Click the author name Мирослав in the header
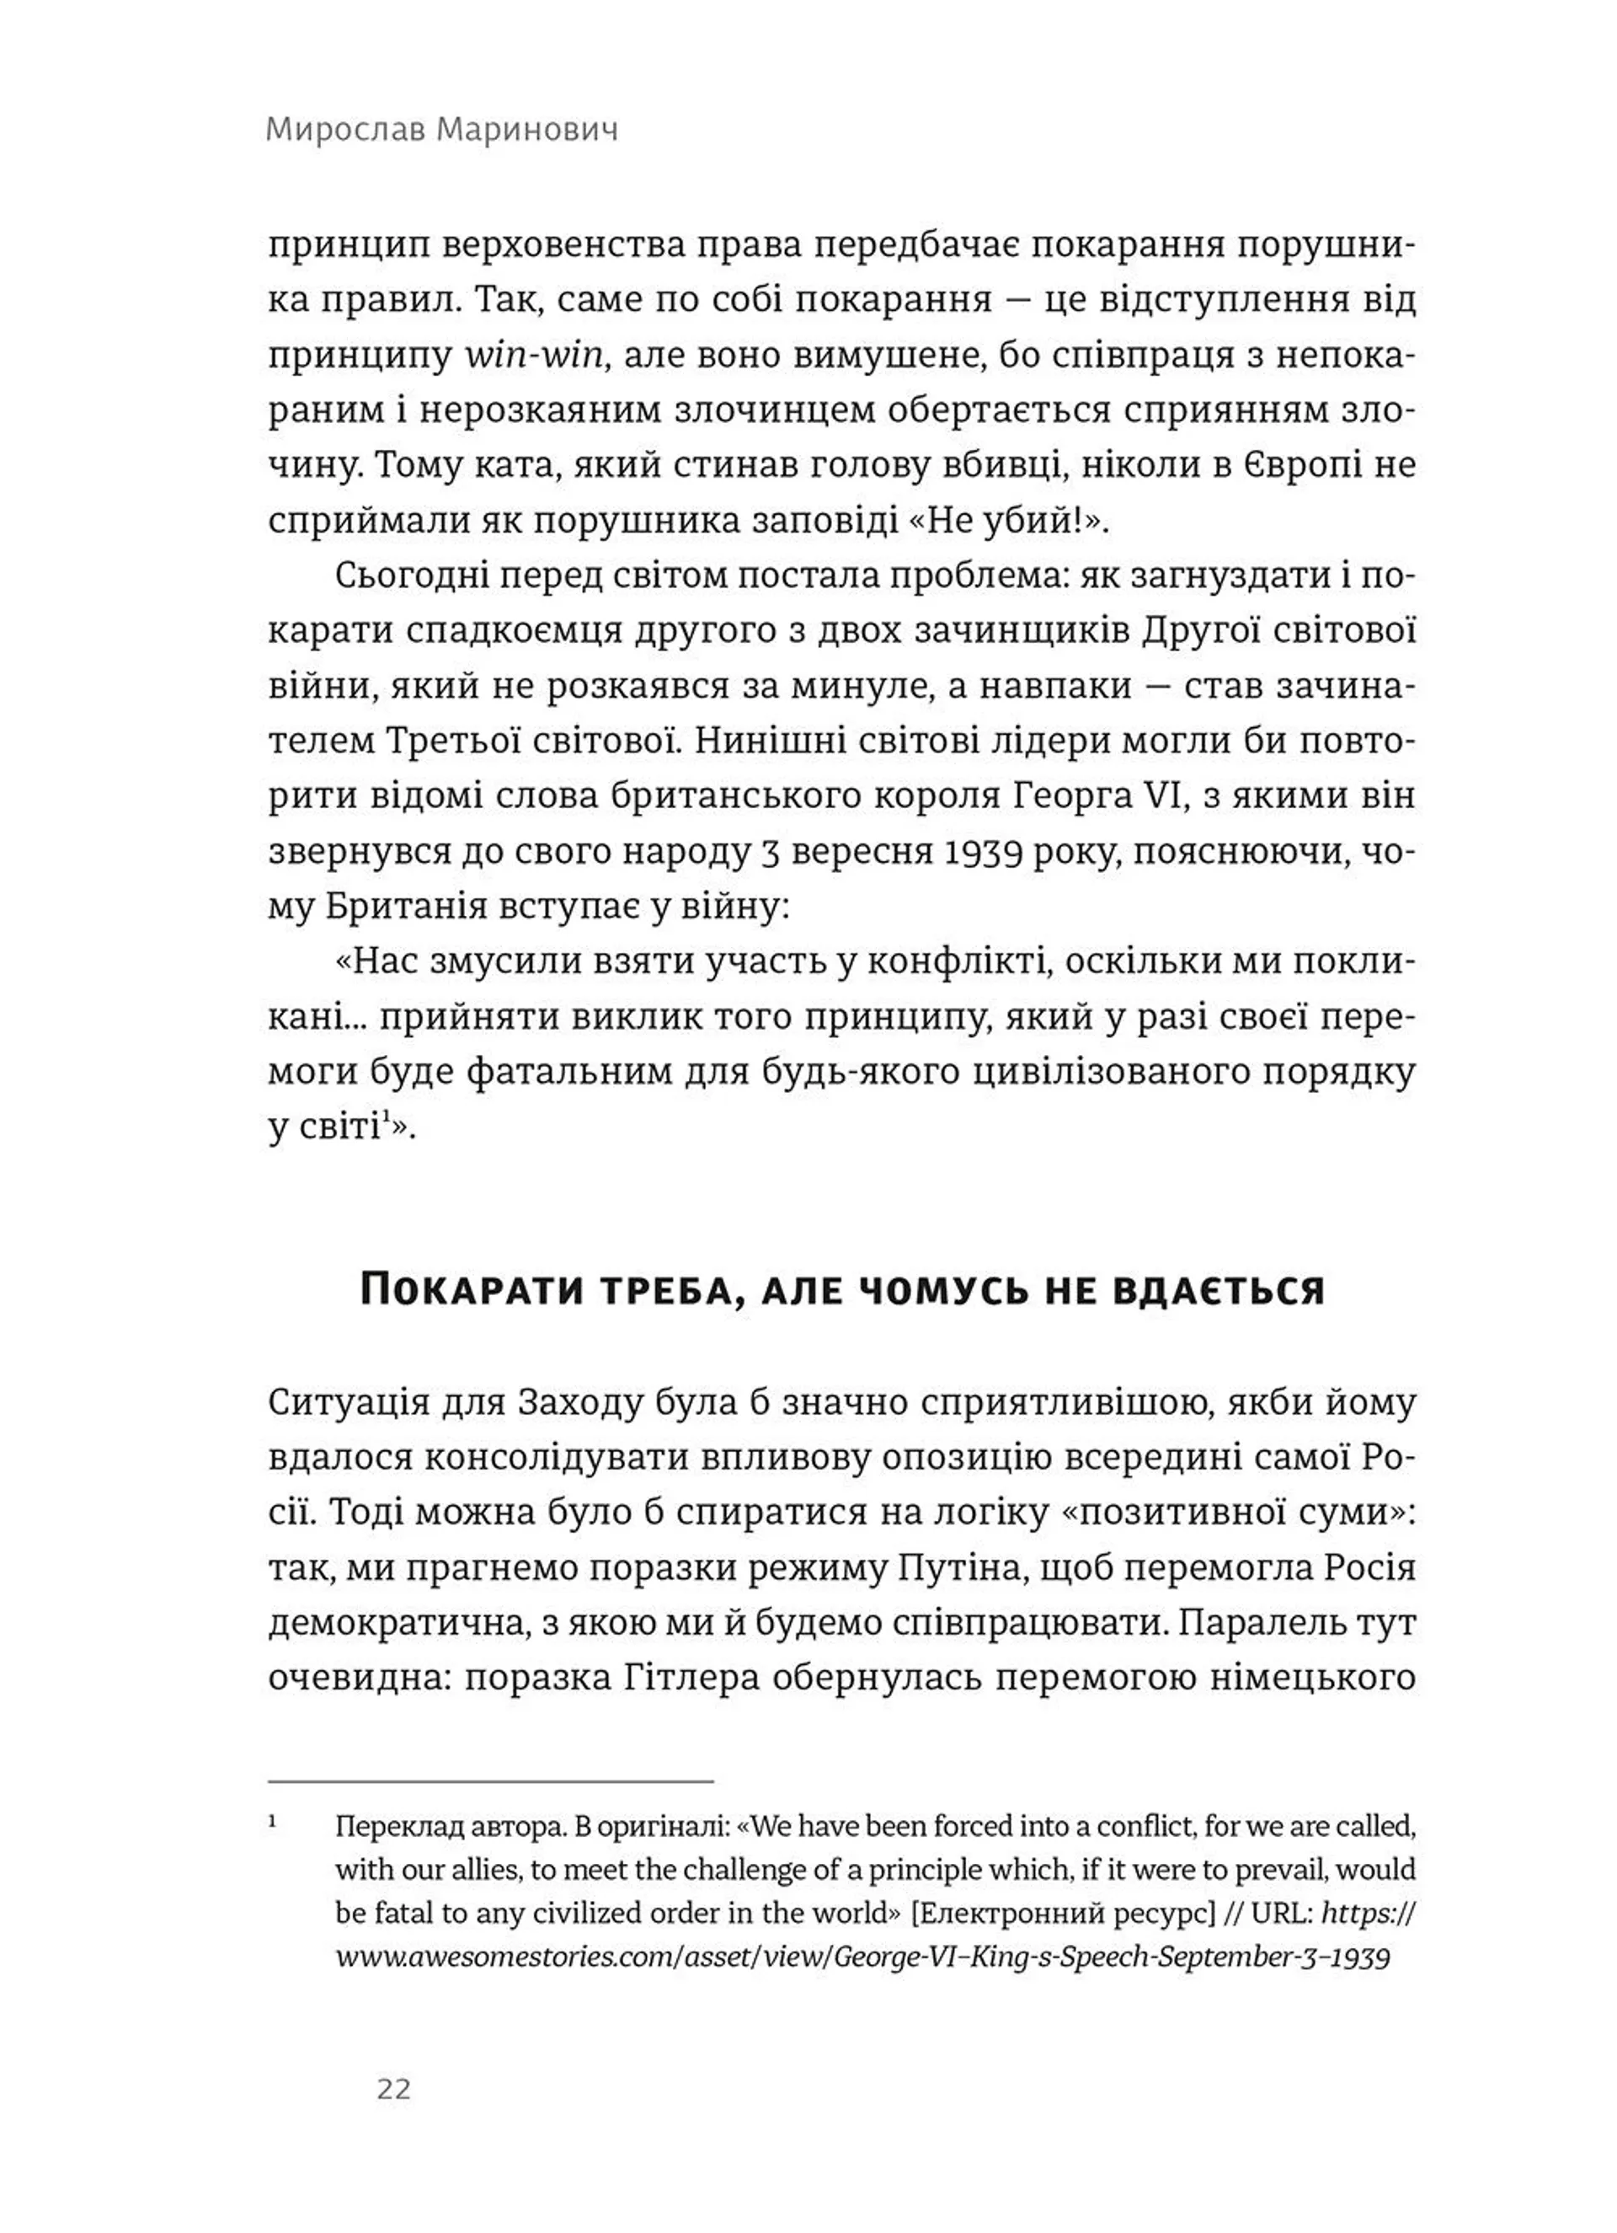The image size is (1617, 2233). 344,130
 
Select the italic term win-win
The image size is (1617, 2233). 532,355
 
